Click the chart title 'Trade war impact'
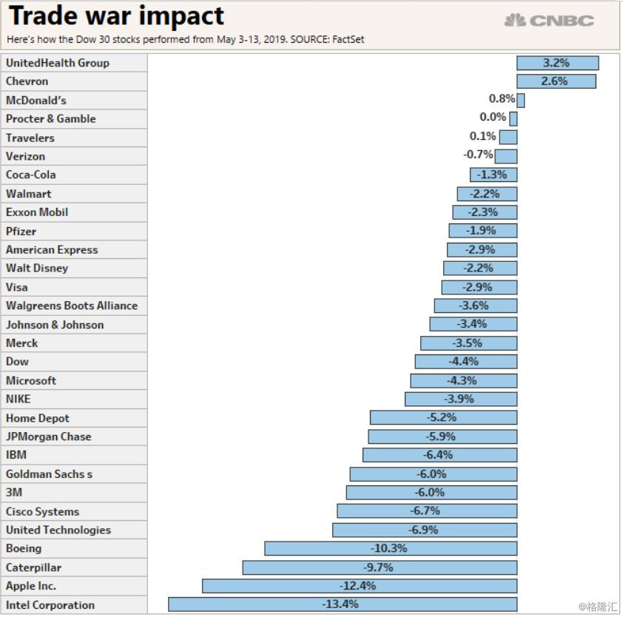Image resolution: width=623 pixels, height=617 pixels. point(116,16)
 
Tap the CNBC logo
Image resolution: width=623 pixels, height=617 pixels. point(549,20)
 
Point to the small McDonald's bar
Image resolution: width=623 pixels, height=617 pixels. point(521,100)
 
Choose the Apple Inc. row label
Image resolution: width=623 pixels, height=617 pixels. point(31,586)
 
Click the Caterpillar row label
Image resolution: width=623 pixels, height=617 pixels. point(33,567)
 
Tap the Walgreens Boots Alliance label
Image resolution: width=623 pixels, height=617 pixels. point(72,306)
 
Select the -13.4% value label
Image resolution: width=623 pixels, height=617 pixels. point(340,604)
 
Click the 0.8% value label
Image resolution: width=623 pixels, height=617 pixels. point(502,98)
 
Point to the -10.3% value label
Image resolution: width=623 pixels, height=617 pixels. point(388,548)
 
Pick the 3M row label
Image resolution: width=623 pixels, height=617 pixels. point(13,492)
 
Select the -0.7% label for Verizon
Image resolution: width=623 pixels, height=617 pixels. point(478,155)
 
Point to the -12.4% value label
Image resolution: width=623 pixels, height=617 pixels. point(358,586)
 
